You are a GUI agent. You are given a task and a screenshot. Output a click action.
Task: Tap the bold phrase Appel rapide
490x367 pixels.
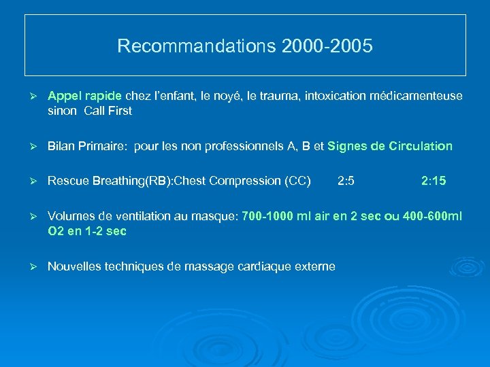(x=85, y=97)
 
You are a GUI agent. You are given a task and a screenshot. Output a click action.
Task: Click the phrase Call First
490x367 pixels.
(x=108, y=111)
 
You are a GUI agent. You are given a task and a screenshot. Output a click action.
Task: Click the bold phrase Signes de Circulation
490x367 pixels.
(x=390, y=146)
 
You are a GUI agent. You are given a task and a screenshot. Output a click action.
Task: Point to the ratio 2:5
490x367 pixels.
(x=346, y=181)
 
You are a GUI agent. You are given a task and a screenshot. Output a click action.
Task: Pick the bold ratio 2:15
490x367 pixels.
(x=434, y=181)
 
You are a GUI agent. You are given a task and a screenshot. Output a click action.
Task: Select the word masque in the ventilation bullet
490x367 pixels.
(x=216, y=216)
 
